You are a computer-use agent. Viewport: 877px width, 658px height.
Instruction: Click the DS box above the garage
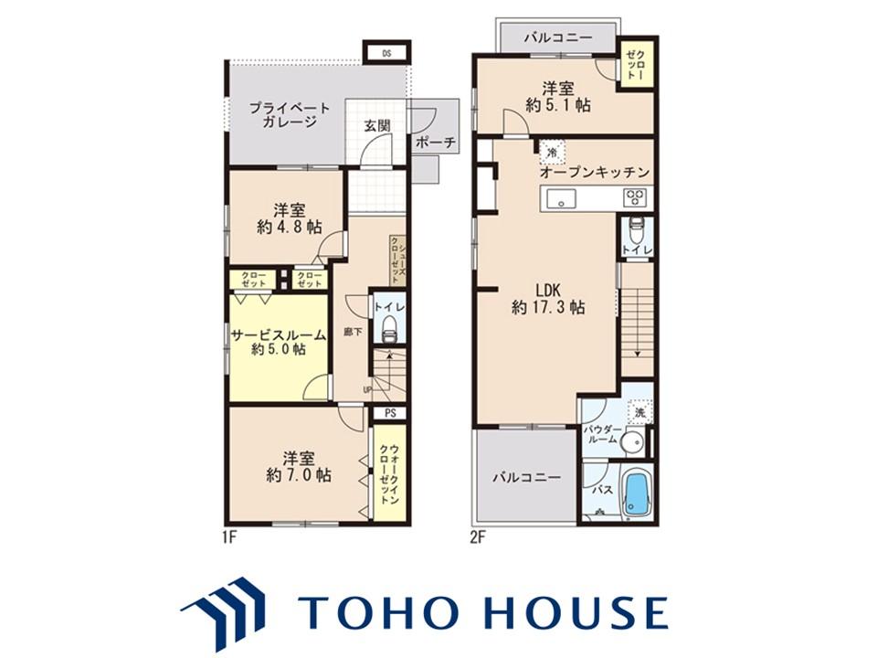386,54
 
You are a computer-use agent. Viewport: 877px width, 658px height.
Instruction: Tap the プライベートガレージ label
290,114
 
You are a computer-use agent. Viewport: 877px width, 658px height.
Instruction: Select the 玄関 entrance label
377,126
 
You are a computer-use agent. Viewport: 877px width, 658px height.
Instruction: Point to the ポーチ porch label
436,143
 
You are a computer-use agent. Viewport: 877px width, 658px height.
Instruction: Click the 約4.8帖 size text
290,228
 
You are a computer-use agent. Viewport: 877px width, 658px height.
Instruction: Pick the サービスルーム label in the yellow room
278,335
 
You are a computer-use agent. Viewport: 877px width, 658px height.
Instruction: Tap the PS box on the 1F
390,413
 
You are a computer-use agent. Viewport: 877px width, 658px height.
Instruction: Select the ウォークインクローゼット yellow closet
390,474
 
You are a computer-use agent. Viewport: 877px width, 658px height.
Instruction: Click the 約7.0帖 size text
299,475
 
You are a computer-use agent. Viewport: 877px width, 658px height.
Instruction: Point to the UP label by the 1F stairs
367,389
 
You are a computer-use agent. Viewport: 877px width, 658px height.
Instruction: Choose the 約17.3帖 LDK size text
548,308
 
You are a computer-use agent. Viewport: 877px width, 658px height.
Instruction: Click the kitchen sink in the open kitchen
562,198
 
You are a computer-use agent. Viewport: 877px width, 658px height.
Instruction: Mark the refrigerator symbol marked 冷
552,153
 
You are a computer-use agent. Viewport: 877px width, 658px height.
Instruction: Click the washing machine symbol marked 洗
639,412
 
